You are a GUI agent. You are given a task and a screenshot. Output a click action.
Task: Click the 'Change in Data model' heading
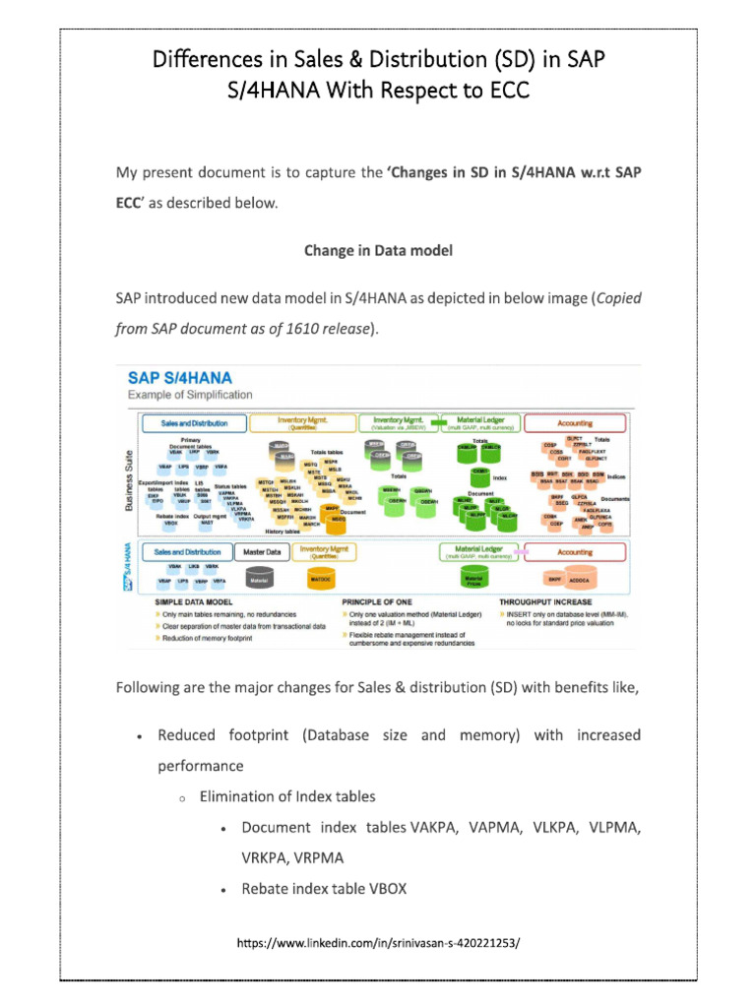378,251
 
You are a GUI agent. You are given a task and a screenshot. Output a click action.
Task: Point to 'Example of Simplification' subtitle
190,395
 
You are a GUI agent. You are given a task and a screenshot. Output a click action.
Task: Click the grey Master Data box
261,552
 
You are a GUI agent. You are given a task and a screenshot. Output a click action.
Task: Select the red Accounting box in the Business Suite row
575,423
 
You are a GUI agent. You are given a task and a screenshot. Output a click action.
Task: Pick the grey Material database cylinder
259,580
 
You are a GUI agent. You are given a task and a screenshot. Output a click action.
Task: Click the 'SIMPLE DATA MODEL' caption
192,601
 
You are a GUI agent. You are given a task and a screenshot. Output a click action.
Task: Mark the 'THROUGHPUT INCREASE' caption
545,601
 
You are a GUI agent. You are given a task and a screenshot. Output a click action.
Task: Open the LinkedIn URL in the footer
378,944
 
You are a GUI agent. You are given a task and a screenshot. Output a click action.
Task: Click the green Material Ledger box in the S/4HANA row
481,552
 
